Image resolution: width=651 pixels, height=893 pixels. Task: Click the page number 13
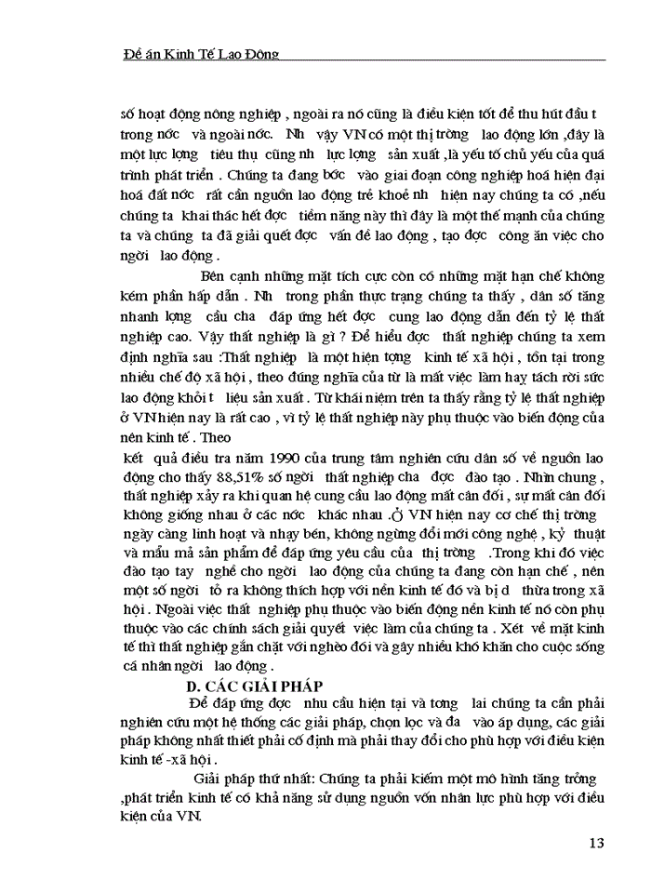(x=596, y=844)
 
